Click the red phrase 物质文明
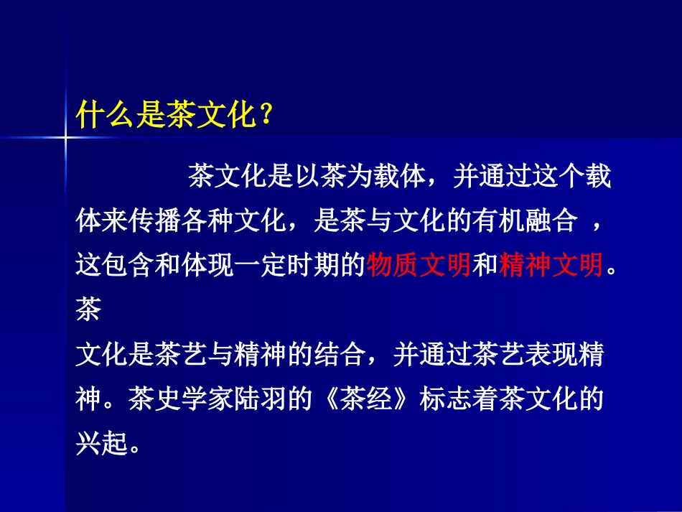pos(419,266)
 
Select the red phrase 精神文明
pos(551,266)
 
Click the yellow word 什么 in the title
pos(102,114)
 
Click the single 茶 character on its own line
pos(88,311)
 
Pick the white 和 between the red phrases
pos(485,266)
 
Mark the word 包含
pos(128,266)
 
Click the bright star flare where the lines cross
pos(65,135)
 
